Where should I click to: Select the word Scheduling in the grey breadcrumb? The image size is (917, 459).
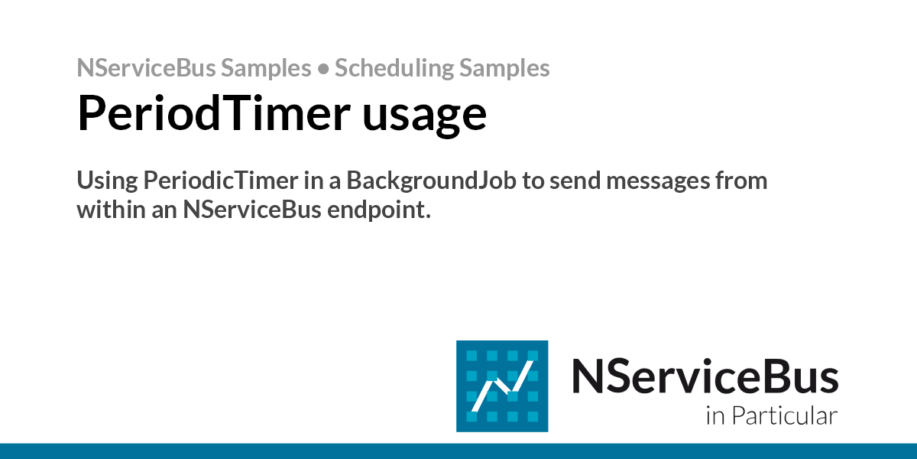394,68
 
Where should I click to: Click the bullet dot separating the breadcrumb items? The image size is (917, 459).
322,69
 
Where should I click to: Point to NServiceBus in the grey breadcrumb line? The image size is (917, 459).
146,68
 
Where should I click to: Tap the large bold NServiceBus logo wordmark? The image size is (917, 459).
705,376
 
